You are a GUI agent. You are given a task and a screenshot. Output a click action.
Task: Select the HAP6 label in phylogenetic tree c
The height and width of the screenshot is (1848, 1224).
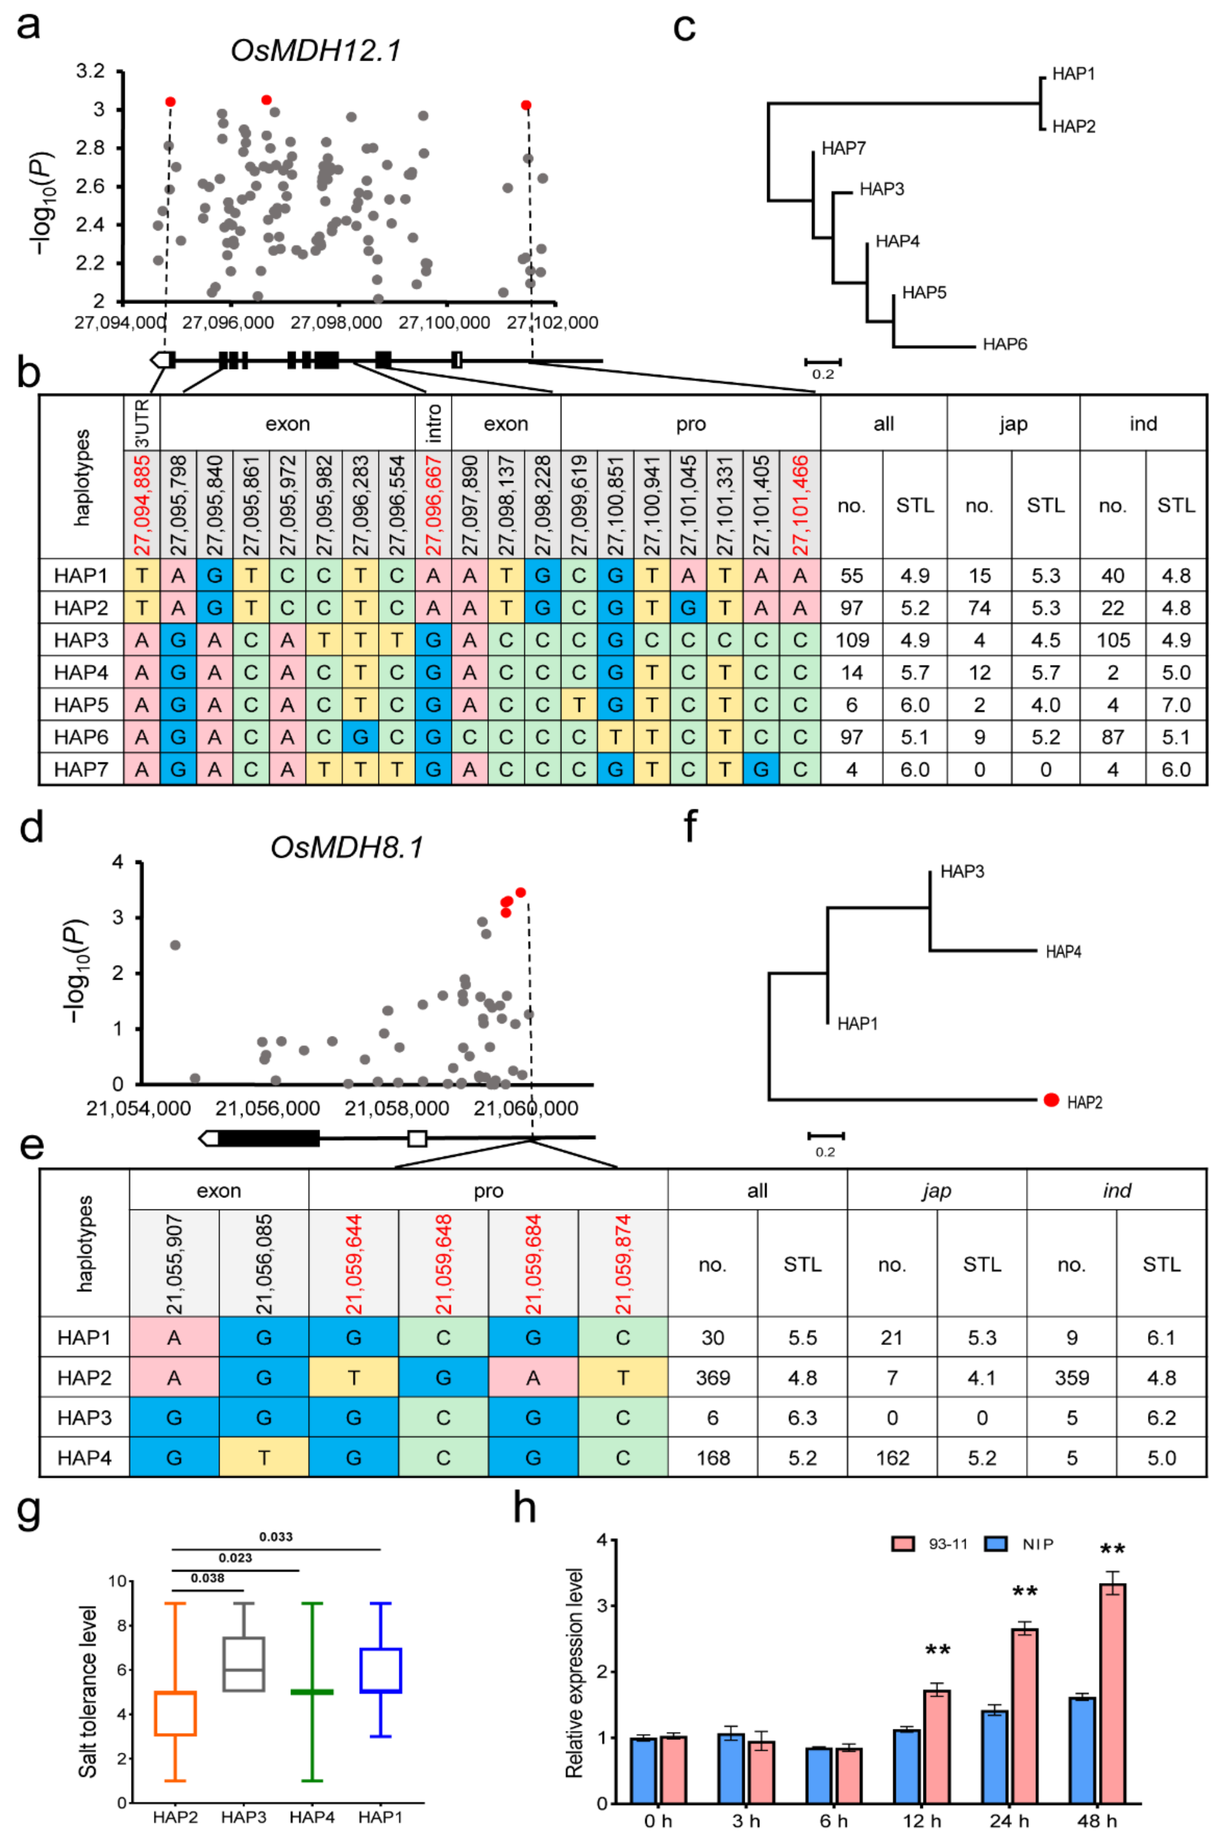(x=1005, y=344)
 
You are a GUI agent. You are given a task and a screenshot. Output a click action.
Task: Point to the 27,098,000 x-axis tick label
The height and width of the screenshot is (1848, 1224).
(x=337, y=322)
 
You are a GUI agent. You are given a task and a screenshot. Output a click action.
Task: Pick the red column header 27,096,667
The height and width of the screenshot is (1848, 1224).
(x=433, y=505)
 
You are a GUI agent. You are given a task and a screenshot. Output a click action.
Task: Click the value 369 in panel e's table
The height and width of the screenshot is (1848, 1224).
(x=713, y=1378)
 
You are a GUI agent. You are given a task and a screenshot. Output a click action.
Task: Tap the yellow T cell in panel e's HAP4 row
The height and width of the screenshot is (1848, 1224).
(x=264, y=1458)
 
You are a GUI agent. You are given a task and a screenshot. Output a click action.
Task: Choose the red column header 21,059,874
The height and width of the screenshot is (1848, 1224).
(x=623, y=1264)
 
